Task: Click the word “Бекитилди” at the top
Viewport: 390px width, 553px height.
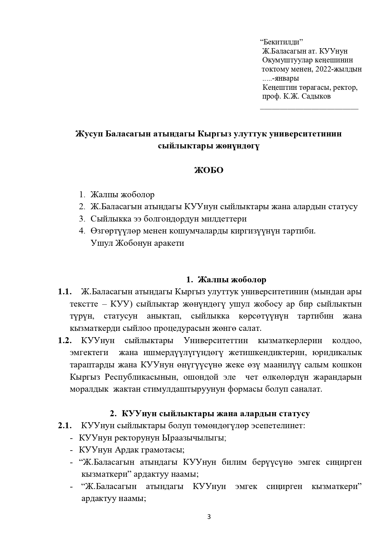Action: tap(281, 42)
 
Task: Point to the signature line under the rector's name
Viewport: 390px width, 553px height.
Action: tap(309, 109)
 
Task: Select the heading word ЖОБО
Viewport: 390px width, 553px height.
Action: tap(209, 170)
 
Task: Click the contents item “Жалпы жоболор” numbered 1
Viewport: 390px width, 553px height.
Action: tap(122, 195)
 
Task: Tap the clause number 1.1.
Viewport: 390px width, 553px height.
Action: tap(64, 292)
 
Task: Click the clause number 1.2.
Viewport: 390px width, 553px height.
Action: tap(64, 341)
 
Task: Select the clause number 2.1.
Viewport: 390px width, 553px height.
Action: tap(64, 426)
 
